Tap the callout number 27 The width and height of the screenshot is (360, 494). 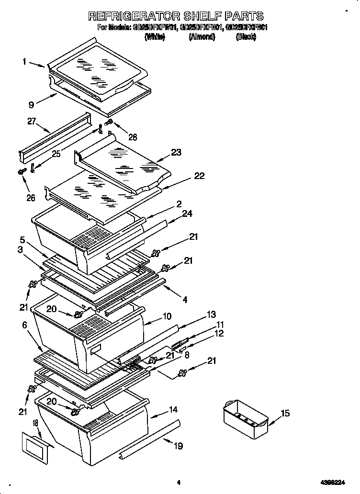coord(32,122)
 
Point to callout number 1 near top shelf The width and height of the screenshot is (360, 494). coord(24,61)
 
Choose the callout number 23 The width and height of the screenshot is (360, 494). coord(176,153)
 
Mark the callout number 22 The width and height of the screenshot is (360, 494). coord(199,176)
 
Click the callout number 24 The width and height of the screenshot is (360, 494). coord(187,214)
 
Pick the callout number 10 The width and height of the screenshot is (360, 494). coord(167,316)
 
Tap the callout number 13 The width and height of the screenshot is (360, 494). coord(211,314)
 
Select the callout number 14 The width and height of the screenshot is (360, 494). coord(173,410)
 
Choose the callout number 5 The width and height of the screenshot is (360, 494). coord(22,239)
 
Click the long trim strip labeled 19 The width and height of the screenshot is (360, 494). coord(151,437)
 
